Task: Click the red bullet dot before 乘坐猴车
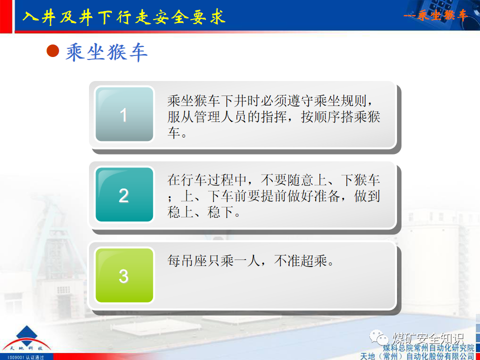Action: point(52,51)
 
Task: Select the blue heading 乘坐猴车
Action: point(106,52)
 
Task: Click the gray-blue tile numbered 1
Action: point(124,114)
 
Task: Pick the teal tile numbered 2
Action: point(124,194)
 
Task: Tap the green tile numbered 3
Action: point(124,275)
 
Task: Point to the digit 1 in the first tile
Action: point(123,115)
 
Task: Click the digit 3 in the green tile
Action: point(123,276)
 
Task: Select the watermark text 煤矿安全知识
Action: point(428,338)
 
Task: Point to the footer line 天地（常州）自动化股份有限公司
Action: point(417,355)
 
